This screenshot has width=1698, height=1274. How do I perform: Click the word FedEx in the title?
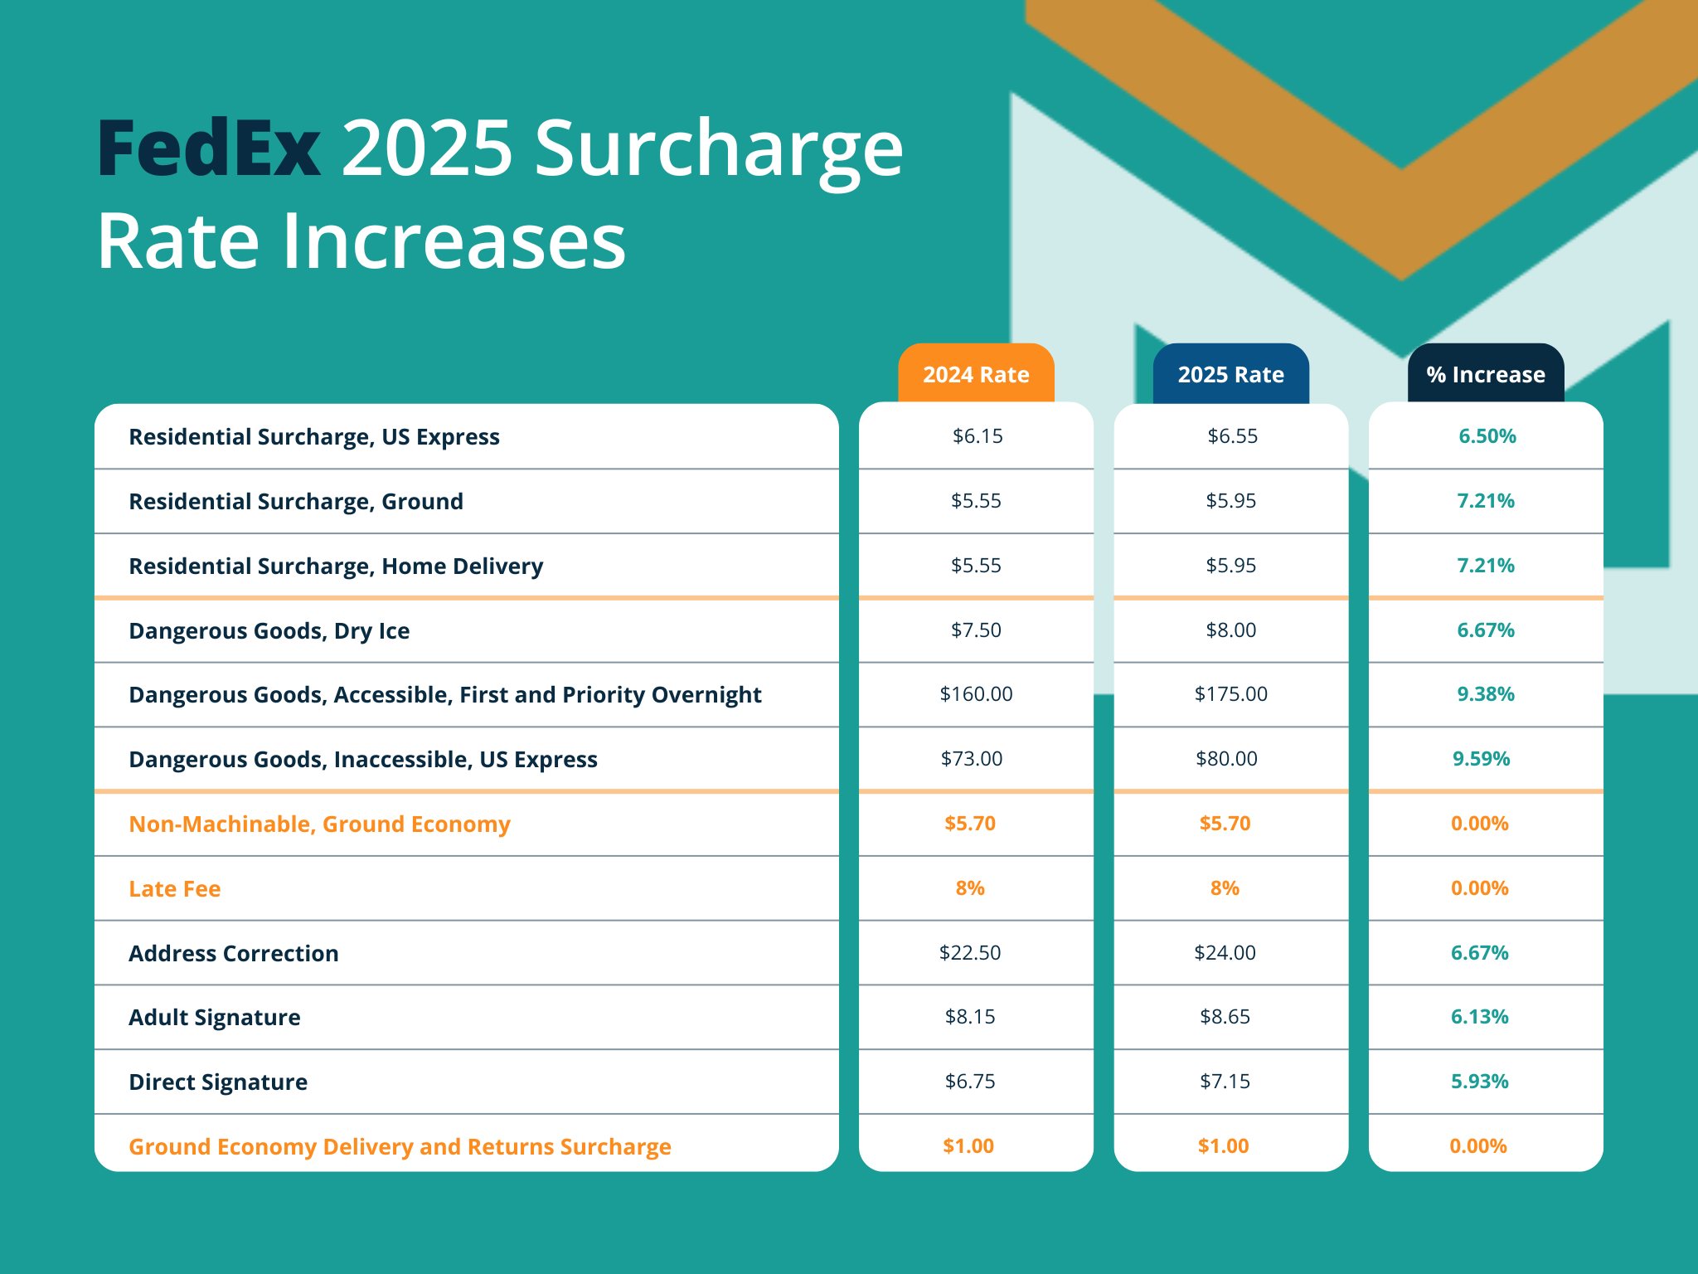pos(209,149)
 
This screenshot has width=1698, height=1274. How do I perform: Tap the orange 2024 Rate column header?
pos(976,375)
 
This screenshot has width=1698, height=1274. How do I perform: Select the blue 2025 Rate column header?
pos(1230,375)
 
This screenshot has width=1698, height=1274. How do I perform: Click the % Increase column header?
pos(1485,375)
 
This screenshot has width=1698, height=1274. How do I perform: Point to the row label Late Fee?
pos(175,889)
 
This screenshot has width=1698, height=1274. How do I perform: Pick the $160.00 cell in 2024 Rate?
pos(976,694)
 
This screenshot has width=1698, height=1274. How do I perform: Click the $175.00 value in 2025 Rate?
pos(1230,694)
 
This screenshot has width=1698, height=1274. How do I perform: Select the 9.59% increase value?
pos(1481,759)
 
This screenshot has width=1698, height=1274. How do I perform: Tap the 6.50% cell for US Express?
pos(1487,436)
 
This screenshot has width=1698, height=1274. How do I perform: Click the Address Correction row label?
pos(234,954)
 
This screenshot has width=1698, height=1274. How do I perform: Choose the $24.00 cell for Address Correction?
pos(1225,953)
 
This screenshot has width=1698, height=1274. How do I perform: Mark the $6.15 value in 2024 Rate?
pos(978,436)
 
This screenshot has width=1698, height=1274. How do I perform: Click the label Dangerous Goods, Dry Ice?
pos(269,631)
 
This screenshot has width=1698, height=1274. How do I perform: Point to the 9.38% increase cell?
pos(1485,694)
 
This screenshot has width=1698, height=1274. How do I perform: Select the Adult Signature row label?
pos(215,1018)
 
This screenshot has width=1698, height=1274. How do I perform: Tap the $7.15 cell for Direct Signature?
pos(1225,1082)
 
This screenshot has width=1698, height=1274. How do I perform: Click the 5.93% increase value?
pos(1479,1082)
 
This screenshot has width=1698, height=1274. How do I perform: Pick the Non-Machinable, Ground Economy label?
pos(319,824)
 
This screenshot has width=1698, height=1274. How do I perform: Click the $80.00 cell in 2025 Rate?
pos(1226,759)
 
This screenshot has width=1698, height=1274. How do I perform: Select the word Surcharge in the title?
pos(718,149)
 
